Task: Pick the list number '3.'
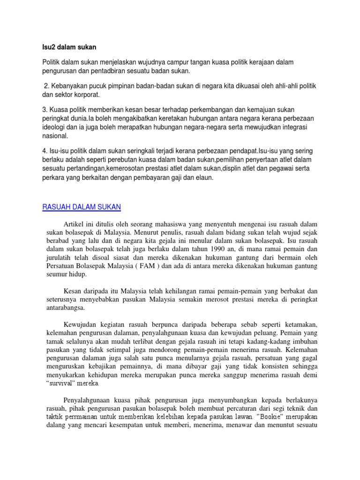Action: (45, 109)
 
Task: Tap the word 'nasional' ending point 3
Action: (55, 136)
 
